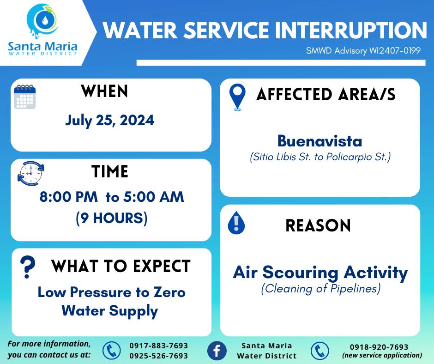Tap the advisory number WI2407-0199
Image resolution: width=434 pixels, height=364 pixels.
click(395, 51)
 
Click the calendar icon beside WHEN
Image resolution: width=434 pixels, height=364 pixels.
click(25, 97)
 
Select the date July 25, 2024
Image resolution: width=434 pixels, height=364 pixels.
click(109, 121)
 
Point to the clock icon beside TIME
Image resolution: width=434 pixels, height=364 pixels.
click(31, 173)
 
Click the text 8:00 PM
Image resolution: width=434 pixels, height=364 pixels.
click(69, 197)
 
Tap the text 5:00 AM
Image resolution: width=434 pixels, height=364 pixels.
click(154, 197)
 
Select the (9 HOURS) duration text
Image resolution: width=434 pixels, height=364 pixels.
click(112, 218)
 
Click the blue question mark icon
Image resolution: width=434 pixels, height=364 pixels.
click(28, 267)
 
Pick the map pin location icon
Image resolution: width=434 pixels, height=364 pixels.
click(237, 97)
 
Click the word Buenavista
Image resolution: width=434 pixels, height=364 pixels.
click(319, 141)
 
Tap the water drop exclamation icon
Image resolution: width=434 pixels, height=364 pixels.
click(236, 223)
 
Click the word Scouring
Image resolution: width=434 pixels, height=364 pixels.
click(300, 273)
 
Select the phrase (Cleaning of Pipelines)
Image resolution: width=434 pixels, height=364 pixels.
click(321, 289)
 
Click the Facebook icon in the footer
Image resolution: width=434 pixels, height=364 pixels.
click(217, 351)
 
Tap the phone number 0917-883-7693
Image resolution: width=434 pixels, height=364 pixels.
click(159, 346)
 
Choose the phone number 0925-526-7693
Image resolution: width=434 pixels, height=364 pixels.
click(159, 356)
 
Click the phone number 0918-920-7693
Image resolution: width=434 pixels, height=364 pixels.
click(379, 347)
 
